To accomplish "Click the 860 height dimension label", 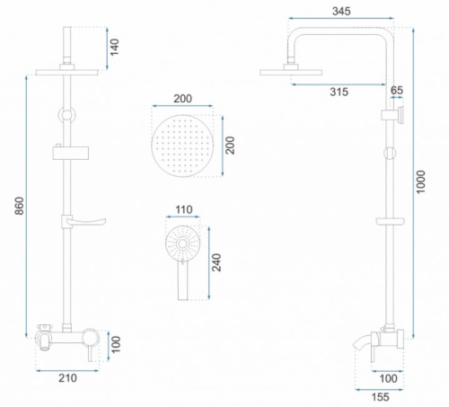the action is [20, 206].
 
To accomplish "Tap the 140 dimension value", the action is [114, 47].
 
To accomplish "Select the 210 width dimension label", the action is [67, 378].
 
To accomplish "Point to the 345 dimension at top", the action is [341, 12].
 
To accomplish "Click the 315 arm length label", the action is [339, 92].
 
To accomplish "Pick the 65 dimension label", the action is [397, 90].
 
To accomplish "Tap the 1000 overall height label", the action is [420, 181].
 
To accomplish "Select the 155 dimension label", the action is [381, 397].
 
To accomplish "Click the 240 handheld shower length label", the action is [216, 262].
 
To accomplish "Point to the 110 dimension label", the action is [184, 209].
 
